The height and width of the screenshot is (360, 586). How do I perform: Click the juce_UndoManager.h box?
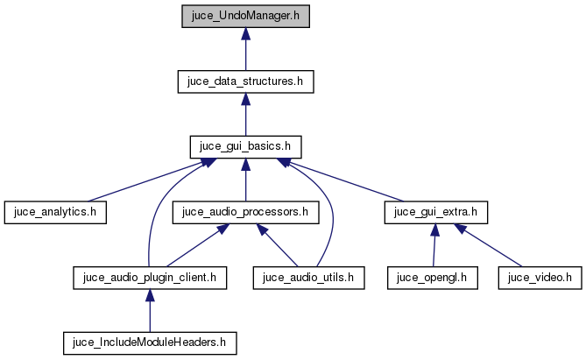pyautogui.click(x=246, y=17)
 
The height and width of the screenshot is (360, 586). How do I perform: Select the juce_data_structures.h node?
pyautogui.click(x=246, y=81)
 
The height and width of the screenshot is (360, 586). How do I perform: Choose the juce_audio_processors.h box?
pyautogui.click(x=245, y=211)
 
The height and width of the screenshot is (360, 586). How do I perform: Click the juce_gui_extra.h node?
pyautogui.click(x=436, y=211)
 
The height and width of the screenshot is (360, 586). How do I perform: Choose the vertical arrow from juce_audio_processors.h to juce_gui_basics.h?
pyautogui.click(x=246, y=180)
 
